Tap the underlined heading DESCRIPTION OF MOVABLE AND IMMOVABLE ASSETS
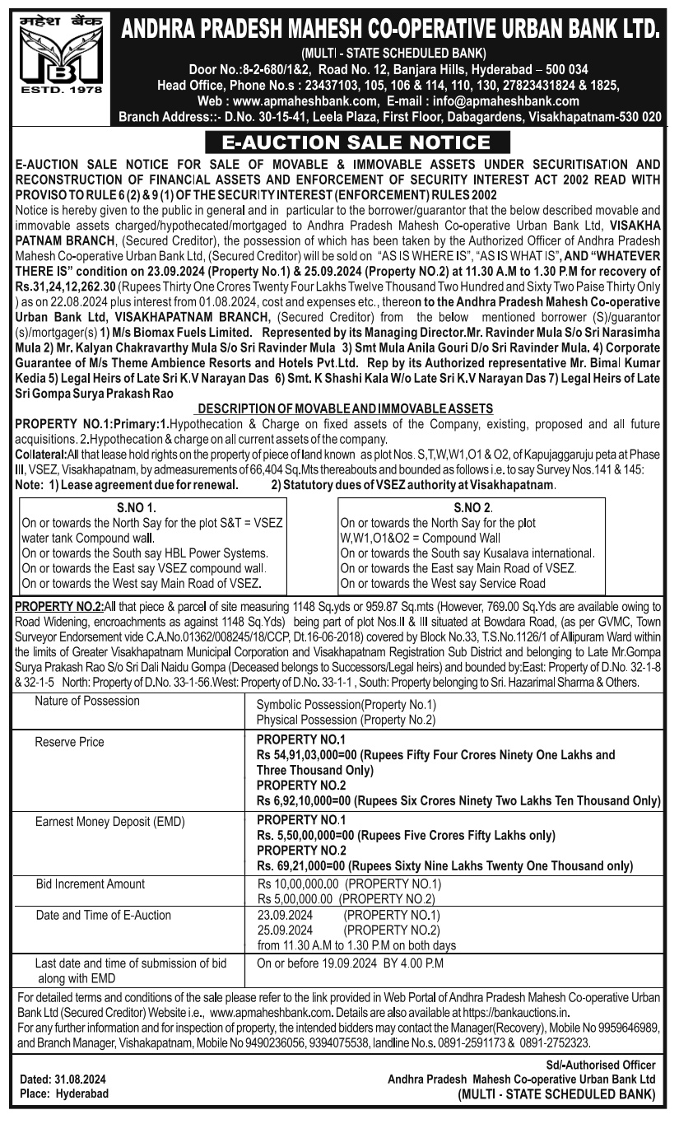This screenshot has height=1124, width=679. tap(346, 408)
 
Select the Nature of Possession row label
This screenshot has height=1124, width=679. tap(87, 702)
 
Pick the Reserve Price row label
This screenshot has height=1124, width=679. tap(69, 742)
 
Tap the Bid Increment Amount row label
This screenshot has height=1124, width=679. tap(90, 884)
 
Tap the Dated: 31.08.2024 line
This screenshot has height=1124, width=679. tap(63, 1079)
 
